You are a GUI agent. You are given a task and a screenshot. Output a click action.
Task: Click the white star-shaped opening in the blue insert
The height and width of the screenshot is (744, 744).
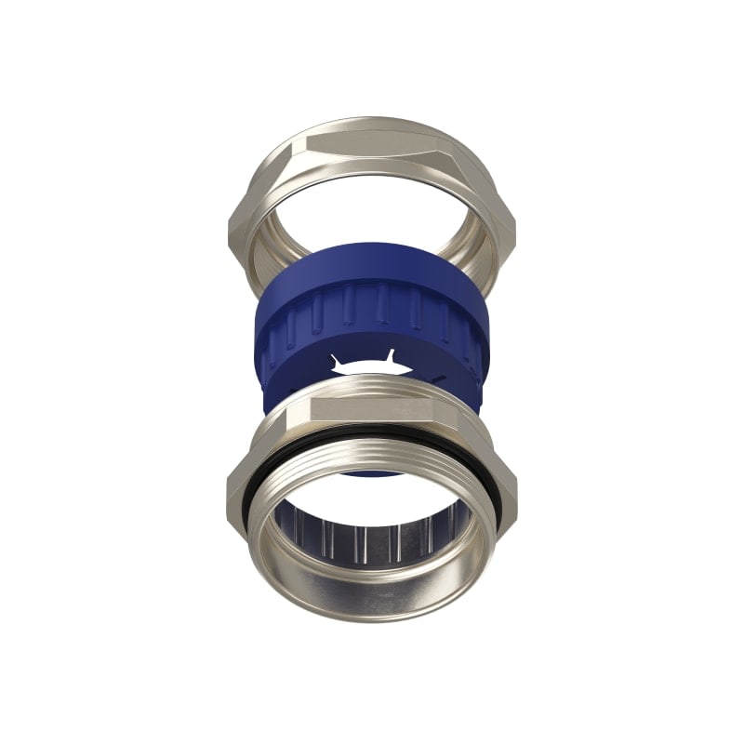click(x=367, y=368)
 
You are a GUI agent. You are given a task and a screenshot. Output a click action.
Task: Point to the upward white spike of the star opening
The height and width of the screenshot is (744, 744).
click(x=391, y=355)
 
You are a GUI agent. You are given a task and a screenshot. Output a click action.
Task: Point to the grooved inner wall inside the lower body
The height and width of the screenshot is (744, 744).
click(x=372, y=539)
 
